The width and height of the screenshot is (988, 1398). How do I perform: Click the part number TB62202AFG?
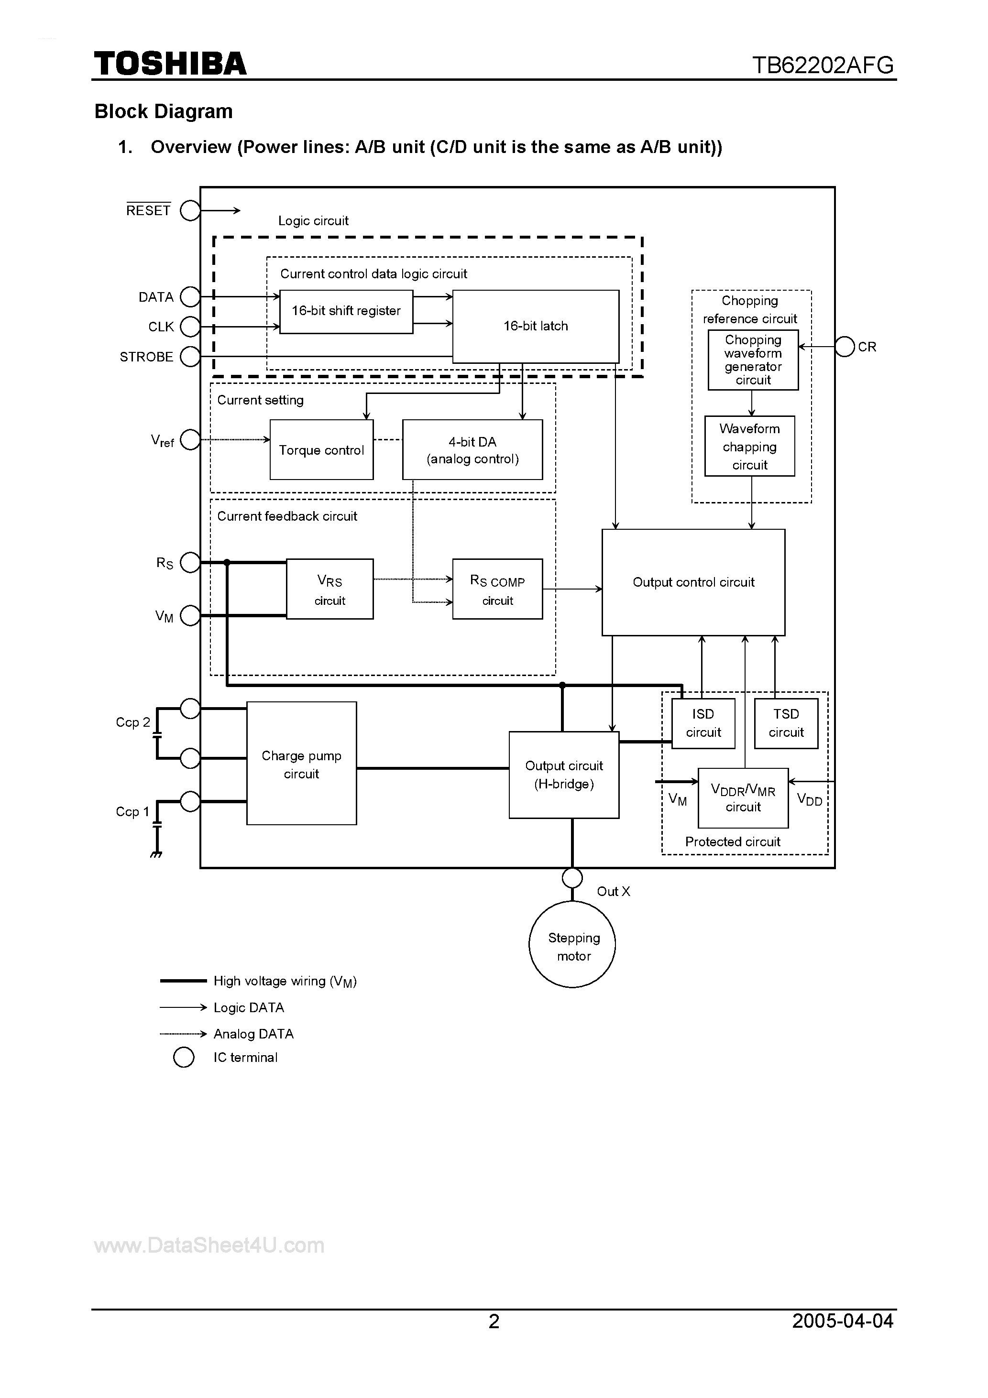pos(823,65)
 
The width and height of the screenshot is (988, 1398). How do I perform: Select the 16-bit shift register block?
pos(346,311)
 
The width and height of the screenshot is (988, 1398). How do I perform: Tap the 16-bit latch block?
pos(536,327)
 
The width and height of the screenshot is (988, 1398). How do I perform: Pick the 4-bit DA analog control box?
pos(472,450)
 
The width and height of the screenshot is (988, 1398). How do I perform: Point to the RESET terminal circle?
pos(190,211)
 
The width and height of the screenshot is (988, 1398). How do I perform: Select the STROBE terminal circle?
pos(190,357)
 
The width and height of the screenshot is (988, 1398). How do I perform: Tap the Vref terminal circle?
pos(190,439)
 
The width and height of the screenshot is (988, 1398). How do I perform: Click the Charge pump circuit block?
pos(301,764)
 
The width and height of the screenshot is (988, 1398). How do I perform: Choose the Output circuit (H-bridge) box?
pos(564,775)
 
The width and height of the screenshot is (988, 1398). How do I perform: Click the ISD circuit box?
pos(703,723)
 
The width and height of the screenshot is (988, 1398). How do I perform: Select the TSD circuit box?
pos(786,723)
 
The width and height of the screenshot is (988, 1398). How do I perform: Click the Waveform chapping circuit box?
pos(750,446)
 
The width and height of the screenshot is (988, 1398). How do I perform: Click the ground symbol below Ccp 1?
pos(156,853)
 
